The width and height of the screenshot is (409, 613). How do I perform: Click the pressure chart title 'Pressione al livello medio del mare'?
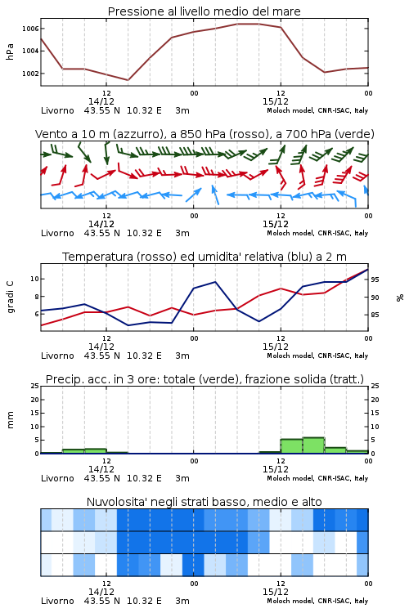(204, 11)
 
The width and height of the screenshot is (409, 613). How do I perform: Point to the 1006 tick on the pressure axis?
(30, 29)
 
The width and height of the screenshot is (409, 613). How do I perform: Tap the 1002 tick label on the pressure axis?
(30, 74)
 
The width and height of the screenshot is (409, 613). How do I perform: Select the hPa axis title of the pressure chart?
(10, 51)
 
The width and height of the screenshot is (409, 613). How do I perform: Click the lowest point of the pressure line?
(128, 80)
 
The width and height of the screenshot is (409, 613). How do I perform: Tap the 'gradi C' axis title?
(10, 297)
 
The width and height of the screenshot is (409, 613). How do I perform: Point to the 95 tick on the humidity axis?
(375, 280)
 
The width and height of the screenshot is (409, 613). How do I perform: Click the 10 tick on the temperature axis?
(35, 279)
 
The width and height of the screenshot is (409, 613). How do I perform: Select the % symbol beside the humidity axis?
(400, 298)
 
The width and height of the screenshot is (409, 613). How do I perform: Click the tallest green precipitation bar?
(313, 445)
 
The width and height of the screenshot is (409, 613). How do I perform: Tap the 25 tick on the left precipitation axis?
(35, 386)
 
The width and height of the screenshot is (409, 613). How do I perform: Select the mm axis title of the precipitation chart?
(10, 420)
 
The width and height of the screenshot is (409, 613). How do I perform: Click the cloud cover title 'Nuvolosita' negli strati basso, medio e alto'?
(204, 502)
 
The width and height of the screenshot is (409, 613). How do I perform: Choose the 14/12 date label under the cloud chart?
(101, 592)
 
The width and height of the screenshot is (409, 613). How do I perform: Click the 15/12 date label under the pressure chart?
(276, 101)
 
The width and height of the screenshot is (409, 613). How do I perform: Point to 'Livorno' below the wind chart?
(57, 233)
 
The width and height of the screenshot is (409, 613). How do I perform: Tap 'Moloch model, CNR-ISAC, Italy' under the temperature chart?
(317, 356)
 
